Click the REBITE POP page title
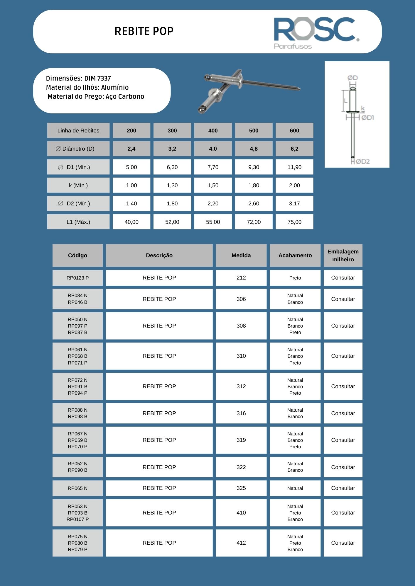pyautogui.click(x=144, y=31)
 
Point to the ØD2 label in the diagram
pyautogui.click(x=363, y=161)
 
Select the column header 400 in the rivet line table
pyautogui.click(x=213, y=131)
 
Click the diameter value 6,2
pyautogui.click(x=294, y=149)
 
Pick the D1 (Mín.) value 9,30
pyautogui.click(x=254, y=167)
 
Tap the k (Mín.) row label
pyautogui.click(x=78, y=185)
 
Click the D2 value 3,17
pyautogui.click(x=294, y=204)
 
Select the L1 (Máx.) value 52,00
pyautogui.click(x=172, y=222)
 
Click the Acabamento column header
pyautogui.click(x=295, y=255)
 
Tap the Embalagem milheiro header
pyautogui.click(x=343, y=255)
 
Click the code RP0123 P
pyautogui.click(x=77, y=278)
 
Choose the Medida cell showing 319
pyautogui.click(x=241, y=440)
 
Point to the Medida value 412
pyautogui.click(x=241, y=543)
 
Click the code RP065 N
pyautogui.click(x=77, y=488)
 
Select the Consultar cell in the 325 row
pyautogui.click(x=343, y=488)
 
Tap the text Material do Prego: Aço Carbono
pyautogui.click(x=96, y=97)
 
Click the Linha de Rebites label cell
pyautogui.click(x=78, y=131)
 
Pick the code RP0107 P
pyautogui.click(x=77, y=519)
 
